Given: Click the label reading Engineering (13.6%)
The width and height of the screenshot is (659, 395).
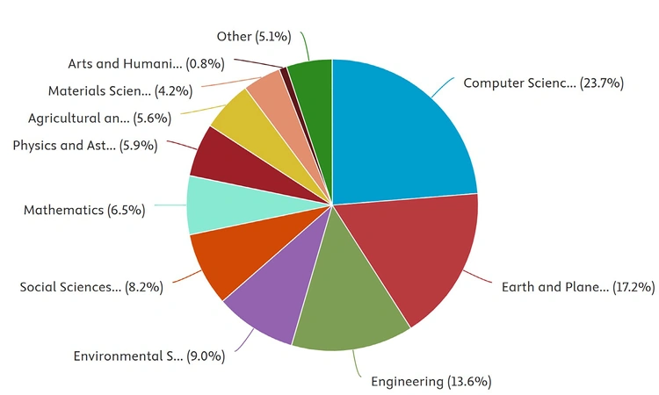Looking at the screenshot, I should click(x=431, y=382).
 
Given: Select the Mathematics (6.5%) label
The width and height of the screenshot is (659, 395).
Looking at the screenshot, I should click(x=84, y=211).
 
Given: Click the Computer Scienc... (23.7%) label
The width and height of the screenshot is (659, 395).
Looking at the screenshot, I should click(x=543, y=83).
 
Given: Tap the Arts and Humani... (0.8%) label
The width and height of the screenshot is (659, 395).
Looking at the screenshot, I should click(x=146, y=63).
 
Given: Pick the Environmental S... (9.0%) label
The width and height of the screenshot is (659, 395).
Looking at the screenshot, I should click(x=149, y=356).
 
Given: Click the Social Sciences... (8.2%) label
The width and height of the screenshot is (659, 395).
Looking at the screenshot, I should click(x=91, y=287).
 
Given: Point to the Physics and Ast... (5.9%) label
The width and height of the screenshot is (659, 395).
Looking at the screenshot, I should click(x=85, y=146).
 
